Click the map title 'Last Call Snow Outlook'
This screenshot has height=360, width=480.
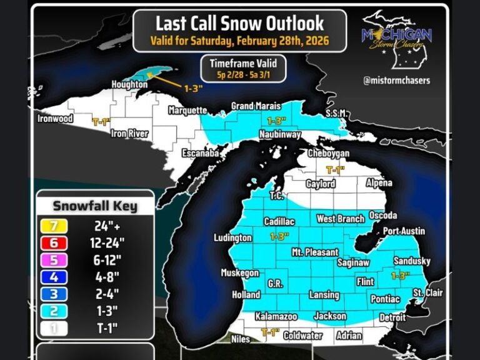[239, 24]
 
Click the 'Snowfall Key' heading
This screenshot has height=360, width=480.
[94, 206]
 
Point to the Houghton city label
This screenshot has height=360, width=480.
[129, 84]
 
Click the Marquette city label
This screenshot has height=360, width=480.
[187, 111]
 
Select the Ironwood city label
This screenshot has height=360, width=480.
[56, 119]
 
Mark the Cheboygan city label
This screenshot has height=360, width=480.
[328, 154]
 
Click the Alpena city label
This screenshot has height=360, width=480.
[379, 183]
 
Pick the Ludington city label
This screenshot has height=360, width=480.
[232, 238]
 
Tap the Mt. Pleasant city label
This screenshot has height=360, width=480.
[315, 252]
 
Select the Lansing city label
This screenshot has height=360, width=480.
[324, 295]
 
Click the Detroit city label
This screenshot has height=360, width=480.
[392, 317]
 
